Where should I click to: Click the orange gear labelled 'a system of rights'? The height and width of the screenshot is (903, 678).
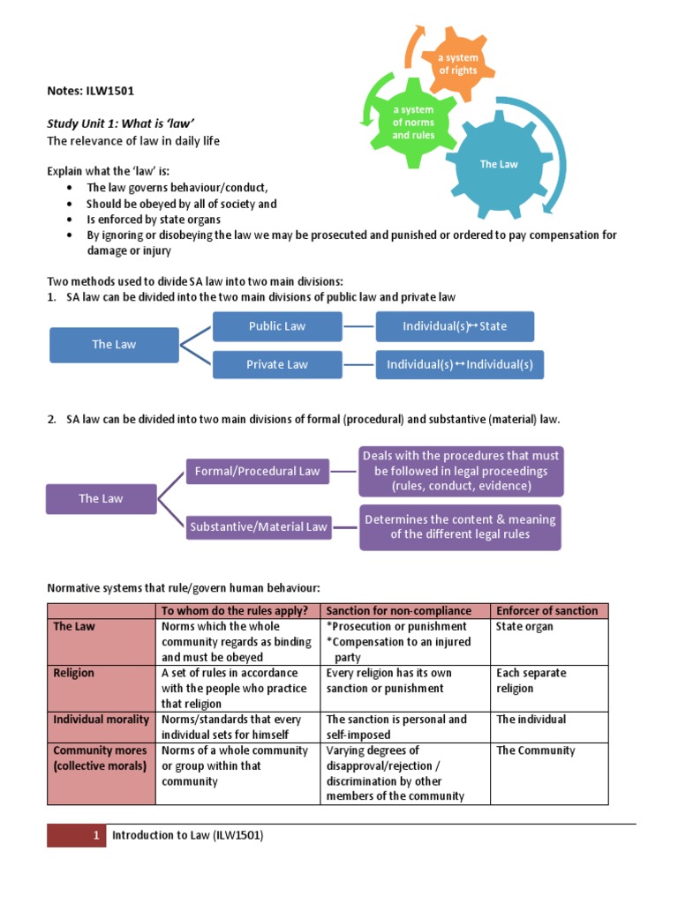pos(458,64)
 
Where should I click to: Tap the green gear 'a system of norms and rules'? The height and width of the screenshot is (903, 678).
pos(414,123)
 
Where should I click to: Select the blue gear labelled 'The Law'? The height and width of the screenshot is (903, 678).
pos(498,164)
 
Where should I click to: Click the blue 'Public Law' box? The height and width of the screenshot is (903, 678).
pos(276,326)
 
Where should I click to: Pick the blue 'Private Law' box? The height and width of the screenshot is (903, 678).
pos(276,364)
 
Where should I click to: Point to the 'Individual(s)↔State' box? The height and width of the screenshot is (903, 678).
pos(455,326)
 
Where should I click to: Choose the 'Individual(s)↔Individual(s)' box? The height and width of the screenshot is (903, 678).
pos(460,364)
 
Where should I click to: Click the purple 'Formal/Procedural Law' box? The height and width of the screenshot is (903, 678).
pos(257,471)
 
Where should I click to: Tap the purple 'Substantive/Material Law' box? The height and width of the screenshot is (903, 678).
pos(257,526)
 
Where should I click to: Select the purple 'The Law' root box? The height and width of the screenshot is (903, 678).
pos(101,498)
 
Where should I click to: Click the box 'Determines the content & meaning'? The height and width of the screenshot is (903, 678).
pos(460,526)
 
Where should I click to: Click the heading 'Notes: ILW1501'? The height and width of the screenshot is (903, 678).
pos(90,90)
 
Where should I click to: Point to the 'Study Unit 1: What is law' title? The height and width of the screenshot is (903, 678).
pos(120,123)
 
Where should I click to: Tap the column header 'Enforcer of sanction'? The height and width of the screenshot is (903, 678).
pos(547,610)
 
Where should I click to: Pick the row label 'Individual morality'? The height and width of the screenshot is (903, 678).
pos(101,720)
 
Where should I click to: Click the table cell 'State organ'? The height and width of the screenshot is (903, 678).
pos(524,627)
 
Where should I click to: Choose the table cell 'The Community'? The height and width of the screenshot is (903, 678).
pos(536,750)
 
